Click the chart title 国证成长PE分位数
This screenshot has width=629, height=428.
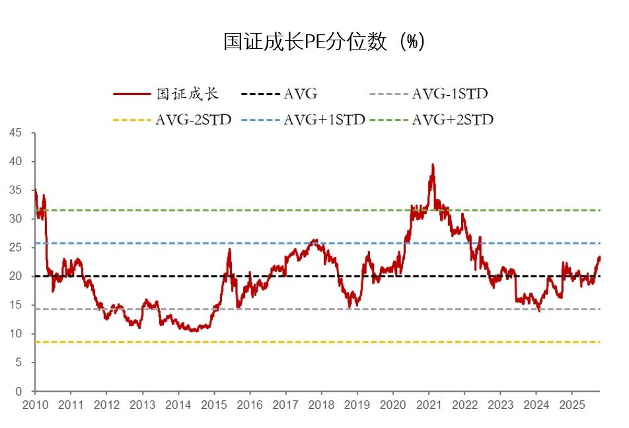click(x=323, y=42)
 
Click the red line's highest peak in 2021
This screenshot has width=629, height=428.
click(x=433, y=164)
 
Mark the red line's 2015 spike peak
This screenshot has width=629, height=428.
click(x=229, y=249)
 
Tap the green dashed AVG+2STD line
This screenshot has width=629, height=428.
click(x=317, y=210)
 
